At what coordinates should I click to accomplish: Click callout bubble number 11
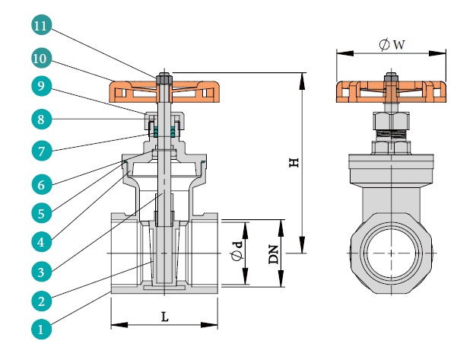click(41, 27)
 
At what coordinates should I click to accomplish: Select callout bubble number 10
click(41, 57)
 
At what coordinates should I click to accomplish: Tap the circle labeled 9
click(41, 87)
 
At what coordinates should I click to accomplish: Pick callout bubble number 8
click(41, 119)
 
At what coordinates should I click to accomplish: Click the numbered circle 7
click(41, 150)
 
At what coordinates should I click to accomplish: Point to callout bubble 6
click(41, 183)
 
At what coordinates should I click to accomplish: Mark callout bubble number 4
click(41, 241)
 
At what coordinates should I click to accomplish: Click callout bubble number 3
click(41, 270)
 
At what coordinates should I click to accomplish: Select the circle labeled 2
click(41, 301)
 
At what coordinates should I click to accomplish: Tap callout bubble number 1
click(41, 330)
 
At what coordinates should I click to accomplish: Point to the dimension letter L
click(164, 317)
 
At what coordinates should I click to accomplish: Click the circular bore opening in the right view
click(389, 253)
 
